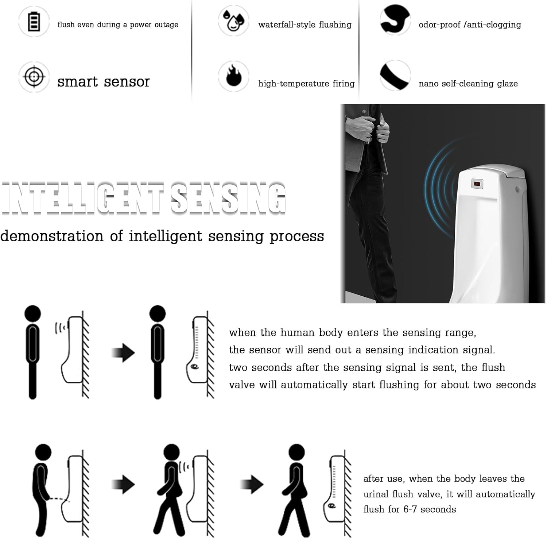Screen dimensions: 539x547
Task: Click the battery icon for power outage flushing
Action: click(x=34, y=22)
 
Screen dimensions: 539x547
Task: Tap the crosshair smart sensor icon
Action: click(x=34, y=77)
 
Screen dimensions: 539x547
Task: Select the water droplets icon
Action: click(x=233, y=20)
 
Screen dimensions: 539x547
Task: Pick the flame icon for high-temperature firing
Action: click(x=233, y=76)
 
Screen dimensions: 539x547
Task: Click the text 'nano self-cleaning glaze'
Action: click(x=468, y=84)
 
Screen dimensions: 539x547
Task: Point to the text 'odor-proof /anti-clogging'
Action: click(x=470, y=25)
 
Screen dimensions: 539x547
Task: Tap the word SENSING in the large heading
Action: click(x=228, y=198)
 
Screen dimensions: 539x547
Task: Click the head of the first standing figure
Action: click(x=32, y=313)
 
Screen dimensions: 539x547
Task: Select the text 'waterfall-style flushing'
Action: click(x=305, y=25)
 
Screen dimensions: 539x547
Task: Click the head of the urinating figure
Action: click(x=43, y=452)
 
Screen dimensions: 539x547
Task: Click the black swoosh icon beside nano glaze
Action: click(x=395, y=76)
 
